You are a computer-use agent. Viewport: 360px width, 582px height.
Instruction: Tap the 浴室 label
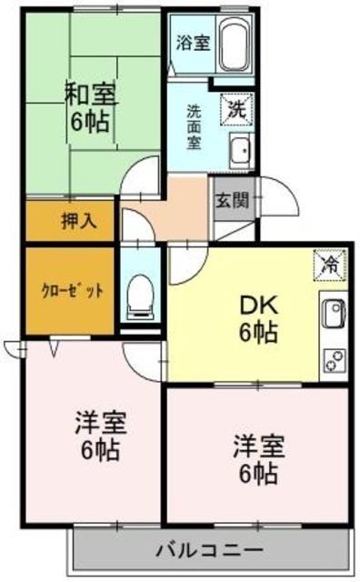click(x=192, y=41)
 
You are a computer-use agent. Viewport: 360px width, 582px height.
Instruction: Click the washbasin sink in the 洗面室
click(x=241, y=149)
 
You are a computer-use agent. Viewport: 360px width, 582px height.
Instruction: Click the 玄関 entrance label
click(x=230, y=201)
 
